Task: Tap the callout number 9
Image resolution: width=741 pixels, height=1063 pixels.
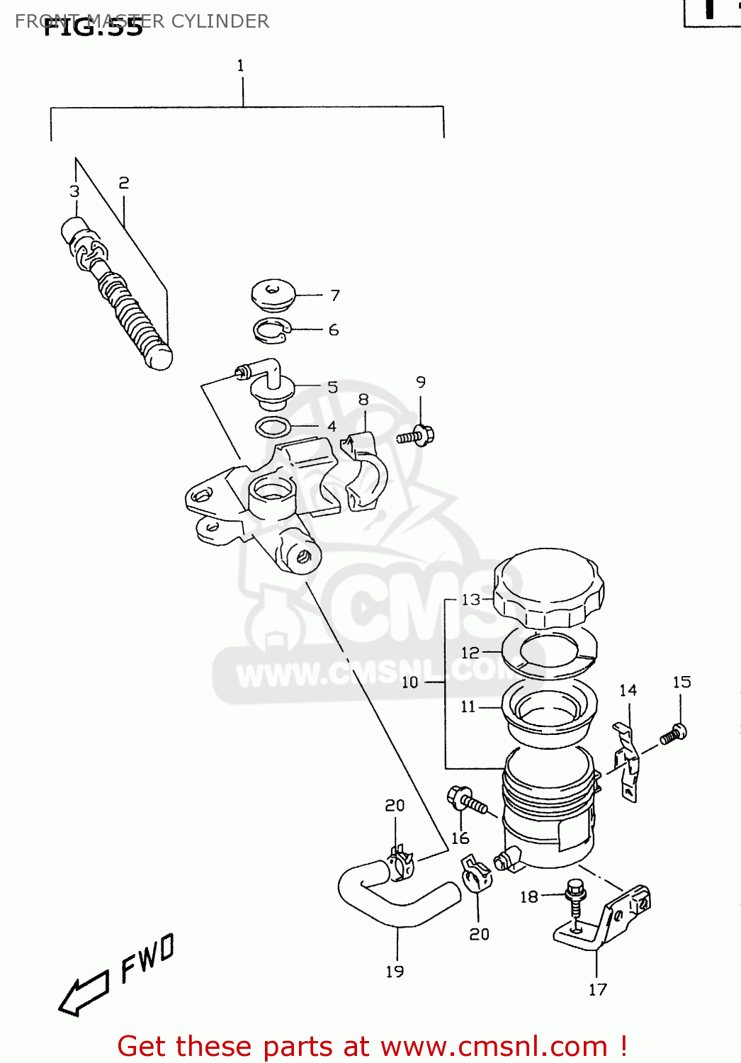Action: coord(421,383)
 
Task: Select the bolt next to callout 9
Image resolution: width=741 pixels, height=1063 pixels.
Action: coord(416,436)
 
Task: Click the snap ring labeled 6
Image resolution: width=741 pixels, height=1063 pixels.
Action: coord(272,330)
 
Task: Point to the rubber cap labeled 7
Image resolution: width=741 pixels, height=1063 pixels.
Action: coord(273,294)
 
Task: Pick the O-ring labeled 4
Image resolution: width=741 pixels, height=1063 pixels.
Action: coord(273,427)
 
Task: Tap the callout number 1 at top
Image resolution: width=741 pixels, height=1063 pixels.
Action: coord(241,66)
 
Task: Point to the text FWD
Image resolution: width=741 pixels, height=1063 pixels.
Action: coord(147,958)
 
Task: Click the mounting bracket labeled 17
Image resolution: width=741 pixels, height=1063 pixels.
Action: coord(602,921)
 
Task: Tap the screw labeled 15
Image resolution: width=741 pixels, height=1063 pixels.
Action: coord(674,733)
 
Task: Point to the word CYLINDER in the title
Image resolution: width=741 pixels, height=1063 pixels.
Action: coord(220,21)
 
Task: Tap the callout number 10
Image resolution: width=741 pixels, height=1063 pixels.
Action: coord(410,682)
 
